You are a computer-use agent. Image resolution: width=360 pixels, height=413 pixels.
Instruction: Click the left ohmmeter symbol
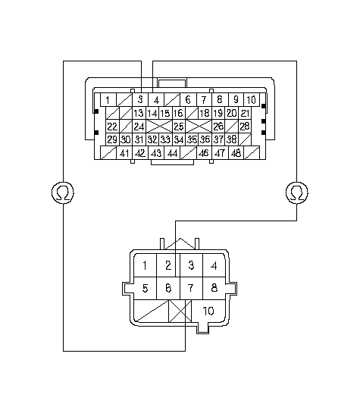coord(63,192)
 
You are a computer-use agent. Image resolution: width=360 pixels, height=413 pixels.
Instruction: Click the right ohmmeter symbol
coord(297,192)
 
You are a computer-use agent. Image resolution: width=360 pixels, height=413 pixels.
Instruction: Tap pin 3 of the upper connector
coord(140,99)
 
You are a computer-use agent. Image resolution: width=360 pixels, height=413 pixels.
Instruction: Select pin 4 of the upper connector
coord(156,99)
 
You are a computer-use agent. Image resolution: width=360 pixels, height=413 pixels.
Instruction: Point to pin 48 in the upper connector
coord(236,153)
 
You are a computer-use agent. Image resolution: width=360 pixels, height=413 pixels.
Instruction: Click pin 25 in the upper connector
coord(179,126)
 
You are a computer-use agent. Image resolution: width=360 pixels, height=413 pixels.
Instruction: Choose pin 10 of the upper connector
coord(252,99)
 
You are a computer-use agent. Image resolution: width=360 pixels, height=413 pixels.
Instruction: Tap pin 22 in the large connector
coord(112,126)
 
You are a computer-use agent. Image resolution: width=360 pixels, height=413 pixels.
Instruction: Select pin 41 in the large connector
coord(124,153)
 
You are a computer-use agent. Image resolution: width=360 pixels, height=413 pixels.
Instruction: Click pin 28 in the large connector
coord(245,126)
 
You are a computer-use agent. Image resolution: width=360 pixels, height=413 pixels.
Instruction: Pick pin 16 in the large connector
coord(179,113)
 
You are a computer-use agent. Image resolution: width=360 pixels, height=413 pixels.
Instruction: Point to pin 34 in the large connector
coord(179,139)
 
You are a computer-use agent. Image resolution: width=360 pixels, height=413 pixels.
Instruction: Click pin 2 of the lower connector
coord(168,265)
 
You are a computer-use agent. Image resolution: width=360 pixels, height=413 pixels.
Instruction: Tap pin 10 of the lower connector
coord(208,311)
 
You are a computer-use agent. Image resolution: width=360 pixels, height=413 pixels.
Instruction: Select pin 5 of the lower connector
coord(145,288)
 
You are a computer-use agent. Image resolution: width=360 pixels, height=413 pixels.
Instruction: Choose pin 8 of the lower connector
coord(214,288)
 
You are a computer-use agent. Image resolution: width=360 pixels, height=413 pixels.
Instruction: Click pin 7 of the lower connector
coord(191,288)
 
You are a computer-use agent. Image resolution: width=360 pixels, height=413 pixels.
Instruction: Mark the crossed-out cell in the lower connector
coord(180,311)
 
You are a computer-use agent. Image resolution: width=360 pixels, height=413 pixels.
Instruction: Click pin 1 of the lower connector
coord(145,265)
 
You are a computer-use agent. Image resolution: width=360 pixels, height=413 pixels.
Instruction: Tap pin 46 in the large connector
coord(204,153)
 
